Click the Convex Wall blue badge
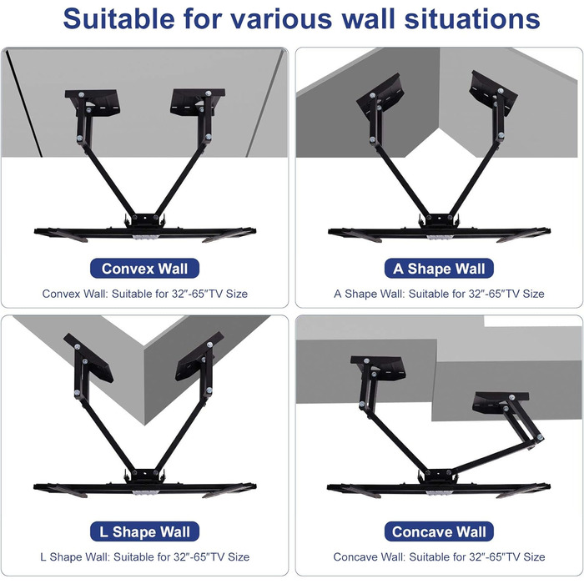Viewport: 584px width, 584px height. pos(144,269)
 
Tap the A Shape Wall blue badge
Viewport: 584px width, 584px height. pos(439,269)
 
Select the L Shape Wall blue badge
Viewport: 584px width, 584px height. pos(144,531)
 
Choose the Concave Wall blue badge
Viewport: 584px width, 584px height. pos(439,531)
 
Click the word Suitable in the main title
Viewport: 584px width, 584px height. pos(118,18)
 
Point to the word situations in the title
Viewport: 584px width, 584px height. pos(472,18)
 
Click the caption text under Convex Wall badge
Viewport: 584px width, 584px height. pos(145,294)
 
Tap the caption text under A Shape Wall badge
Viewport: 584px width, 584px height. pos(439,294)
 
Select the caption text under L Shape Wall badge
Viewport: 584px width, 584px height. pos(145,556)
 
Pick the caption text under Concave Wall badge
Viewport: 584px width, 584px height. pos(439,556)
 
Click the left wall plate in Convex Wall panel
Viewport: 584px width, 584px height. pos(93,103)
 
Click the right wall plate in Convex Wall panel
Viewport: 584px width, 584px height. pos(198,102)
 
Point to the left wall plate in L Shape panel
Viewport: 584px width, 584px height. pos(88,358)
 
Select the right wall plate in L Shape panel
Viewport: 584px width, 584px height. pos(199,357)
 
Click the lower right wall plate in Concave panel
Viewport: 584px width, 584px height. pos(501,403)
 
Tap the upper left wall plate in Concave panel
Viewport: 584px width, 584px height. pos(379,368)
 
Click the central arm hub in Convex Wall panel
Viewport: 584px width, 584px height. pos(145,219)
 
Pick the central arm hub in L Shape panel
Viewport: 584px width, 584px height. pos(145,476)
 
